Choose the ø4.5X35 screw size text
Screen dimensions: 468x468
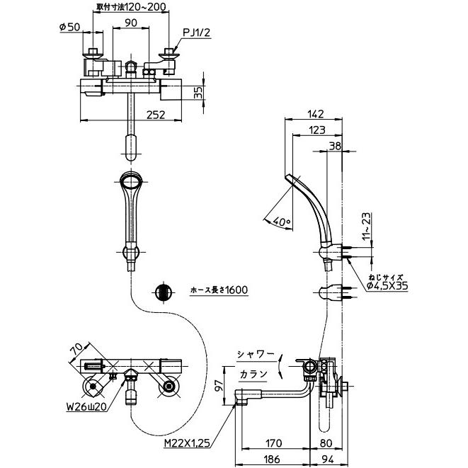point(388,286)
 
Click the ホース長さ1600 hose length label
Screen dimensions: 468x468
point(219,291)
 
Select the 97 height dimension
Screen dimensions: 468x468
point(219,385)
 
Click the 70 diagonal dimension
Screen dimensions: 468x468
point(78,350)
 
